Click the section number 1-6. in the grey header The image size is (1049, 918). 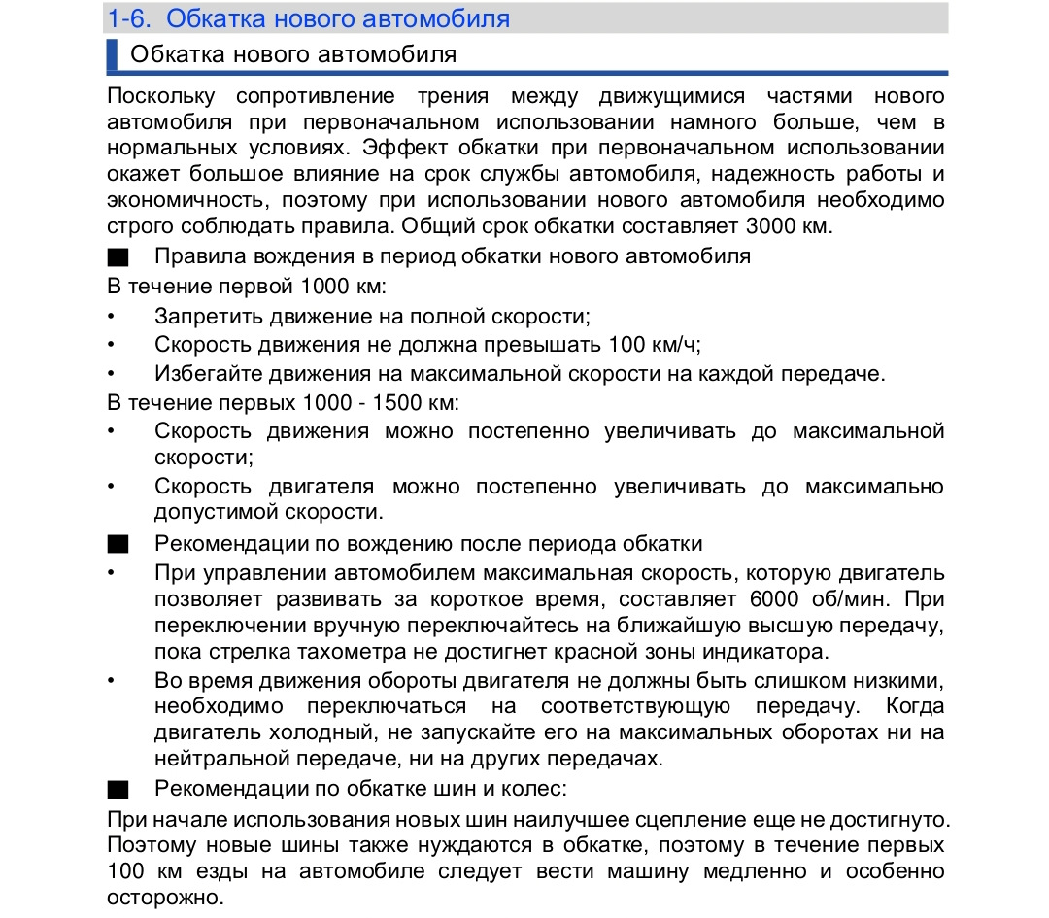(x=131, y=18)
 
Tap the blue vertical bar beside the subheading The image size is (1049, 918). (x=112, y=55)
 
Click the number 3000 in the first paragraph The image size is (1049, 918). (x=773, y=226)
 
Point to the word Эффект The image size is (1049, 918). (x=396, y=148)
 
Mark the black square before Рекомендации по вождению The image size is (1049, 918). (x=118, y=544)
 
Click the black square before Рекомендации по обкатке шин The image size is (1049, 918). (x=118, y=789)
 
